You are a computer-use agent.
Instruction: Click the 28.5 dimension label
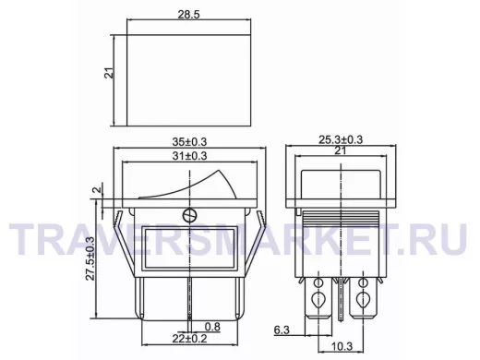pyautogui.click(x=188, y=14)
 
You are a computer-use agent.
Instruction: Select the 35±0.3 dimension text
pyautogui.click(x=189, y=142)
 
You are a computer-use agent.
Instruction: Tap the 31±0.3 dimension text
pyautogui.click(x=189, y=156)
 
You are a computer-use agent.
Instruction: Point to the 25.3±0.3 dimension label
pyautogui.click(x=341, y=139)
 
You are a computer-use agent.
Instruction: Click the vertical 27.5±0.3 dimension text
pyautogui.click(x=90, y=258)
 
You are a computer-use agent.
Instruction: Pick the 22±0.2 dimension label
pyautogui.click(x=189, y=339)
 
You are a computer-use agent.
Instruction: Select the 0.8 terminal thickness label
pyautogui.click(x=212, y=327)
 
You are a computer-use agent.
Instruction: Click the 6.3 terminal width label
pyautogui.click(x=282, y=330)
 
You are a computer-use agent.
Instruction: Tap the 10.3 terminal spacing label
pyautogui.click(x=342, y=346)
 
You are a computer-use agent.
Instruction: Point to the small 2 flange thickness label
pyautogui.click(x=98, y=189)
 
